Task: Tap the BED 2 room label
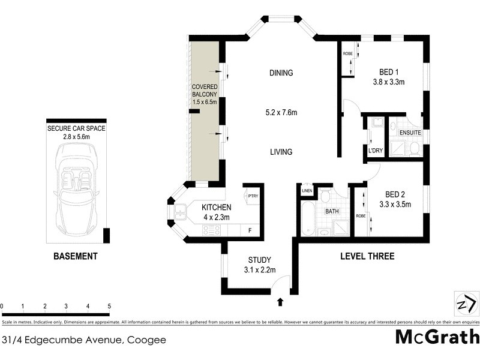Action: point(395,194)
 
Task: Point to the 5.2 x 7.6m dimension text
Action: point(281,112)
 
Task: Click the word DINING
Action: point(281,73)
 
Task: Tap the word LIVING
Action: point(281,152)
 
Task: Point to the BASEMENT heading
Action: point(76,256)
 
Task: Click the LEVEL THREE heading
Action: point(367,256)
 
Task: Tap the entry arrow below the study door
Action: point(281,301)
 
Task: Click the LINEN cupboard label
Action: point(307,191)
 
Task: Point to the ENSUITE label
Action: point(410,132)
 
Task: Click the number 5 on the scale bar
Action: point(109,306)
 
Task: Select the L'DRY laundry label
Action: point(375,150)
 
